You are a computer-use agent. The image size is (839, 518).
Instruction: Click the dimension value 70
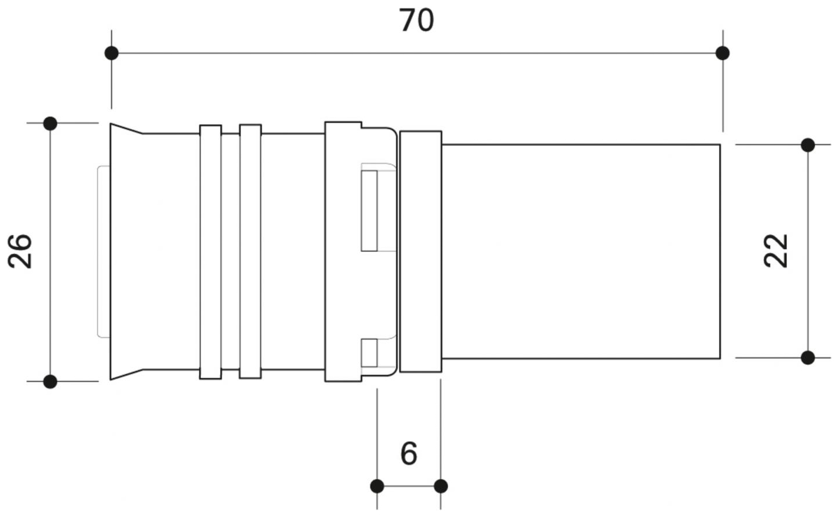416,21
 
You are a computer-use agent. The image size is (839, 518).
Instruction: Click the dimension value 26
21,251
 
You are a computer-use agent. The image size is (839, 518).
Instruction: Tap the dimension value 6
409,453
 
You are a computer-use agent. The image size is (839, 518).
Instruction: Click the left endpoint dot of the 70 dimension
112,53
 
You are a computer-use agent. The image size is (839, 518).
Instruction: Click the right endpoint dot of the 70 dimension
722,53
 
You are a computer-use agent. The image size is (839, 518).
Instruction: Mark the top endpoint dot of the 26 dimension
50,123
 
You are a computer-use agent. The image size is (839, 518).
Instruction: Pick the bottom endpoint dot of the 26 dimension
50,381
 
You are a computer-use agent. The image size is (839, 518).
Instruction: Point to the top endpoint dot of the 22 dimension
808,144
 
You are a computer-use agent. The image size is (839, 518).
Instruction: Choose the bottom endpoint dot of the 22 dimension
808,358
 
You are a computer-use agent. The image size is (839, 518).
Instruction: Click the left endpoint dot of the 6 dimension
377,486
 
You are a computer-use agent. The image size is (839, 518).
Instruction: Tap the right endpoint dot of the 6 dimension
441,486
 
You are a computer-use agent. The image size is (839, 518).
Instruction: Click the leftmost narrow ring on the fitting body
210,252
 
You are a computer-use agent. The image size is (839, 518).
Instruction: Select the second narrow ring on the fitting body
250,252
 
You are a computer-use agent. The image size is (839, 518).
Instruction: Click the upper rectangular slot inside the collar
369,210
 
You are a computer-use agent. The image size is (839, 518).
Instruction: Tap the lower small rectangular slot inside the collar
369,352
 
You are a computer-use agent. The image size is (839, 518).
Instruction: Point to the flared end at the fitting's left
126,252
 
